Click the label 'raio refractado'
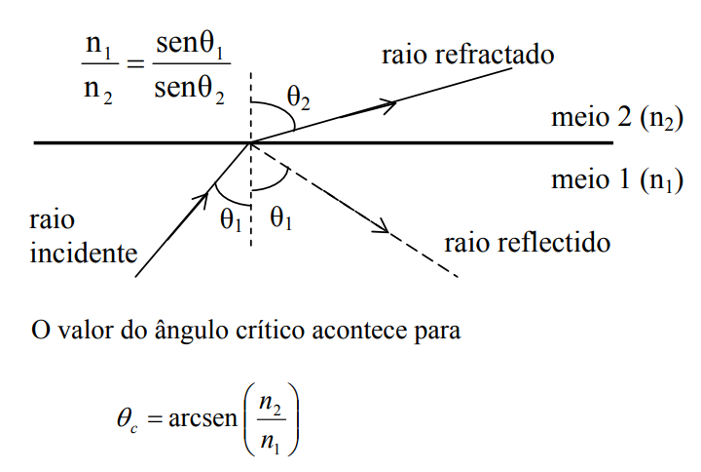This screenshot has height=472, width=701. [x=467, y=54]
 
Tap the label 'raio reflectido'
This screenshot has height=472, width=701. [x=527, y=241]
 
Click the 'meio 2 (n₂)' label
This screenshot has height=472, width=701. [x=609, y=119]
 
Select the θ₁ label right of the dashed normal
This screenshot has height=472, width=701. [x=282, y=220]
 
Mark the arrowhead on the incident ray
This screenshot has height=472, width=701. [x=203, y=199]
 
